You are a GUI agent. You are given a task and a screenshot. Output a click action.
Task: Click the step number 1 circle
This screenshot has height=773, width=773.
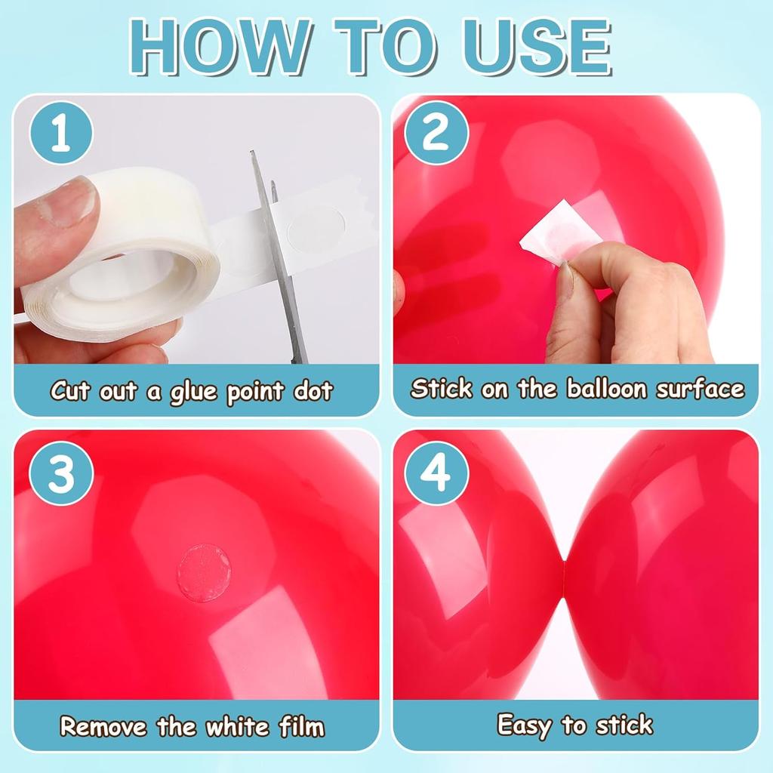pos(60,136)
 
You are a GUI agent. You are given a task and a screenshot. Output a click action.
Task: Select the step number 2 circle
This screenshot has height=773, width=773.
pos(436,136)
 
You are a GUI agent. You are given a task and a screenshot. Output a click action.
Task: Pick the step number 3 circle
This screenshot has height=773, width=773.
pos(60,476)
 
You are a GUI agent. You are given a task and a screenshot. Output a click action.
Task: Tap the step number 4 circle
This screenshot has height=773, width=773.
pos(436,476)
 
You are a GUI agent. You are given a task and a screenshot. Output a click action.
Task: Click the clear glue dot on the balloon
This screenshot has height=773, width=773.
pos(204,573)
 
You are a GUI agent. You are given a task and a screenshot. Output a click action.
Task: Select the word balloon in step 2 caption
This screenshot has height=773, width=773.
pos(607,390)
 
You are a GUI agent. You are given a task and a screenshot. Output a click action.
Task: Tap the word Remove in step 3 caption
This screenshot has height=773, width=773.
pos(104,727)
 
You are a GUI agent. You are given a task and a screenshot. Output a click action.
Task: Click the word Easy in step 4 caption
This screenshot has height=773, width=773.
pos(525,725)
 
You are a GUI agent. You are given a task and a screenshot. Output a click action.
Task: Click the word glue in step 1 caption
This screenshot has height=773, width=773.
pos(194,393)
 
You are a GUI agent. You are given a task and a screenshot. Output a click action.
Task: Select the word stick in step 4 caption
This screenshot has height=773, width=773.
pos(624,725)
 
